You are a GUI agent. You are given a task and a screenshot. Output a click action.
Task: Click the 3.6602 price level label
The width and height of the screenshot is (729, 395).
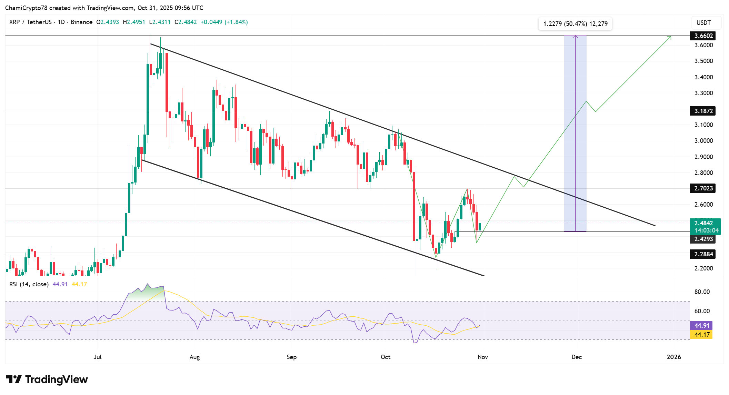click(x=703, y=36)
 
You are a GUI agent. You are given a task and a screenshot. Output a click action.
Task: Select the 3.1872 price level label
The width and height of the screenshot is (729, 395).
click(x=703, y=111)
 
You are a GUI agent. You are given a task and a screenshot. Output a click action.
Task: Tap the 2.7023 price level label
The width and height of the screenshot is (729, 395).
click(x=703, y=188)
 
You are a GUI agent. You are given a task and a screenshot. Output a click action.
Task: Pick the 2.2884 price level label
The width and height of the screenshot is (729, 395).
click(x=703, y=254)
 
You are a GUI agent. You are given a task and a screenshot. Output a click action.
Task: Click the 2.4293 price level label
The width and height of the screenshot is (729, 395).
click(x=703, y=239)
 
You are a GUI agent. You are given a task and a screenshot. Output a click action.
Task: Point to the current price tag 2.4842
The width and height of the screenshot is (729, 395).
click(x=705, y=223)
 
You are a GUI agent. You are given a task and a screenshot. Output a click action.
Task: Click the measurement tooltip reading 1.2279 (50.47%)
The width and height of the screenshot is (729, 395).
click(x=575, y=24)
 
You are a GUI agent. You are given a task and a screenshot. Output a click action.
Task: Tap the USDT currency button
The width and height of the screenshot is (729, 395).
click(x=703, y=23)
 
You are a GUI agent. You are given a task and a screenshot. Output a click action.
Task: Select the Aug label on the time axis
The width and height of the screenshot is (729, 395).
click(x=194, y=357)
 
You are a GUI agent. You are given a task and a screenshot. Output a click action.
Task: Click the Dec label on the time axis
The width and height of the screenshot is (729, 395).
click(x=577, y=357)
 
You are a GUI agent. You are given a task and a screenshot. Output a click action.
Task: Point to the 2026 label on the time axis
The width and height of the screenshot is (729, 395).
click(x=674, y=357)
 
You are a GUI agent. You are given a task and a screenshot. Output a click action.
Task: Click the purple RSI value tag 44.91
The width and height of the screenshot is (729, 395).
click(x=701, y=326)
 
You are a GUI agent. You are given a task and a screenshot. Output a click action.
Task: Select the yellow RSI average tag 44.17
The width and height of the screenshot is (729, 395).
click(x=701, y=335)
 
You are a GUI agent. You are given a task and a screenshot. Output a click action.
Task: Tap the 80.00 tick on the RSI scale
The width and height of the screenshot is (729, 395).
click(x=702, y=292)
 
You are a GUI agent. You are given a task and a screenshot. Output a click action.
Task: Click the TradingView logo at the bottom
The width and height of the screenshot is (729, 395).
click(x=47, y=379)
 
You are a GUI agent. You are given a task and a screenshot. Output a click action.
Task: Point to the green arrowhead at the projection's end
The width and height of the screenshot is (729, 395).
click(x=670, y=37)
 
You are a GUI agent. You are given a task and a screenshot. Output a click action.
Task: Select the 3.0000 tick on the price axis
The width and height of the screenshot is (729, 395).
click(x=703, y=141)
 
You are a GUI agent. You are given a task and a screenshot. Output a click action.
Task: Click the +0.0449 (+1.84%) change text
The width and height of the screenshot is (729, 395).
click(x=224, y=22)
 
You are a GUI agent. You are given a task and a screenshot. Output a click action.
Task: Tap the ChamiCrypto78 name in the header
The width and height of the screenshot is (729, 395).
click(x=26, y=8)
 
